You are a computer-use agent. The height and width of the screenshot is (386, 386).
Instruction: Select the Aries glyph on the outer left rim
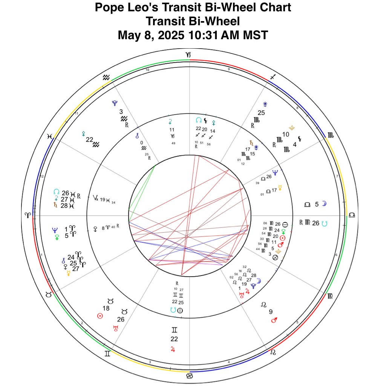point(28,215)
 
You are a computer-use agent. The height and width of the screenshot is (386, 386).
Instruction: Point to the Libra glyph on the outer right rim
point(352,214)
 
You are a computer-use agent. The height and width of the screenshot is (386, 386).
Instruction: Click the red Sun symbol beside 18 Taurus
point(100,316)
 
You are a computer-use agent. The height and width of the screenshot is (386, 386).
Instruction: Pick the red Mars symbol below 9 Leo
point(275,320)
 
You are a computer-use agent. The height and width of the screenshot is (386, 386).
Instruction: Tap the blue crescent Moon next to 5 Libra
point(324,204)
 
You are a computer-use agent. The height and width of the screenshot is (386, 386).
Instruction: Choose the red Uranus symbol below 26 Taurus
point(116,328)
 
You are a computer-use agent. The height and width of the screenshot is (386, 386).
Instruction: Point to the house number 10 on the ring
point(147,70)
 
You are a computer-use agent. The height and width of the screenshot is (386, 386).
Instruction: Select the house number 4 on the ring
point(229,363)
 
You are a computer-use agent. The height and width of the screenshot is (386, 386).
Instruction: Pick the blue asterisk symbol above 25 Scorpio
point(265,104)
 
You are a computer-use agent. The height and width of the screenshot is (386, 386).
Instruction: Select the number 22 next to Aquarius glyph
point(89,139)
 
